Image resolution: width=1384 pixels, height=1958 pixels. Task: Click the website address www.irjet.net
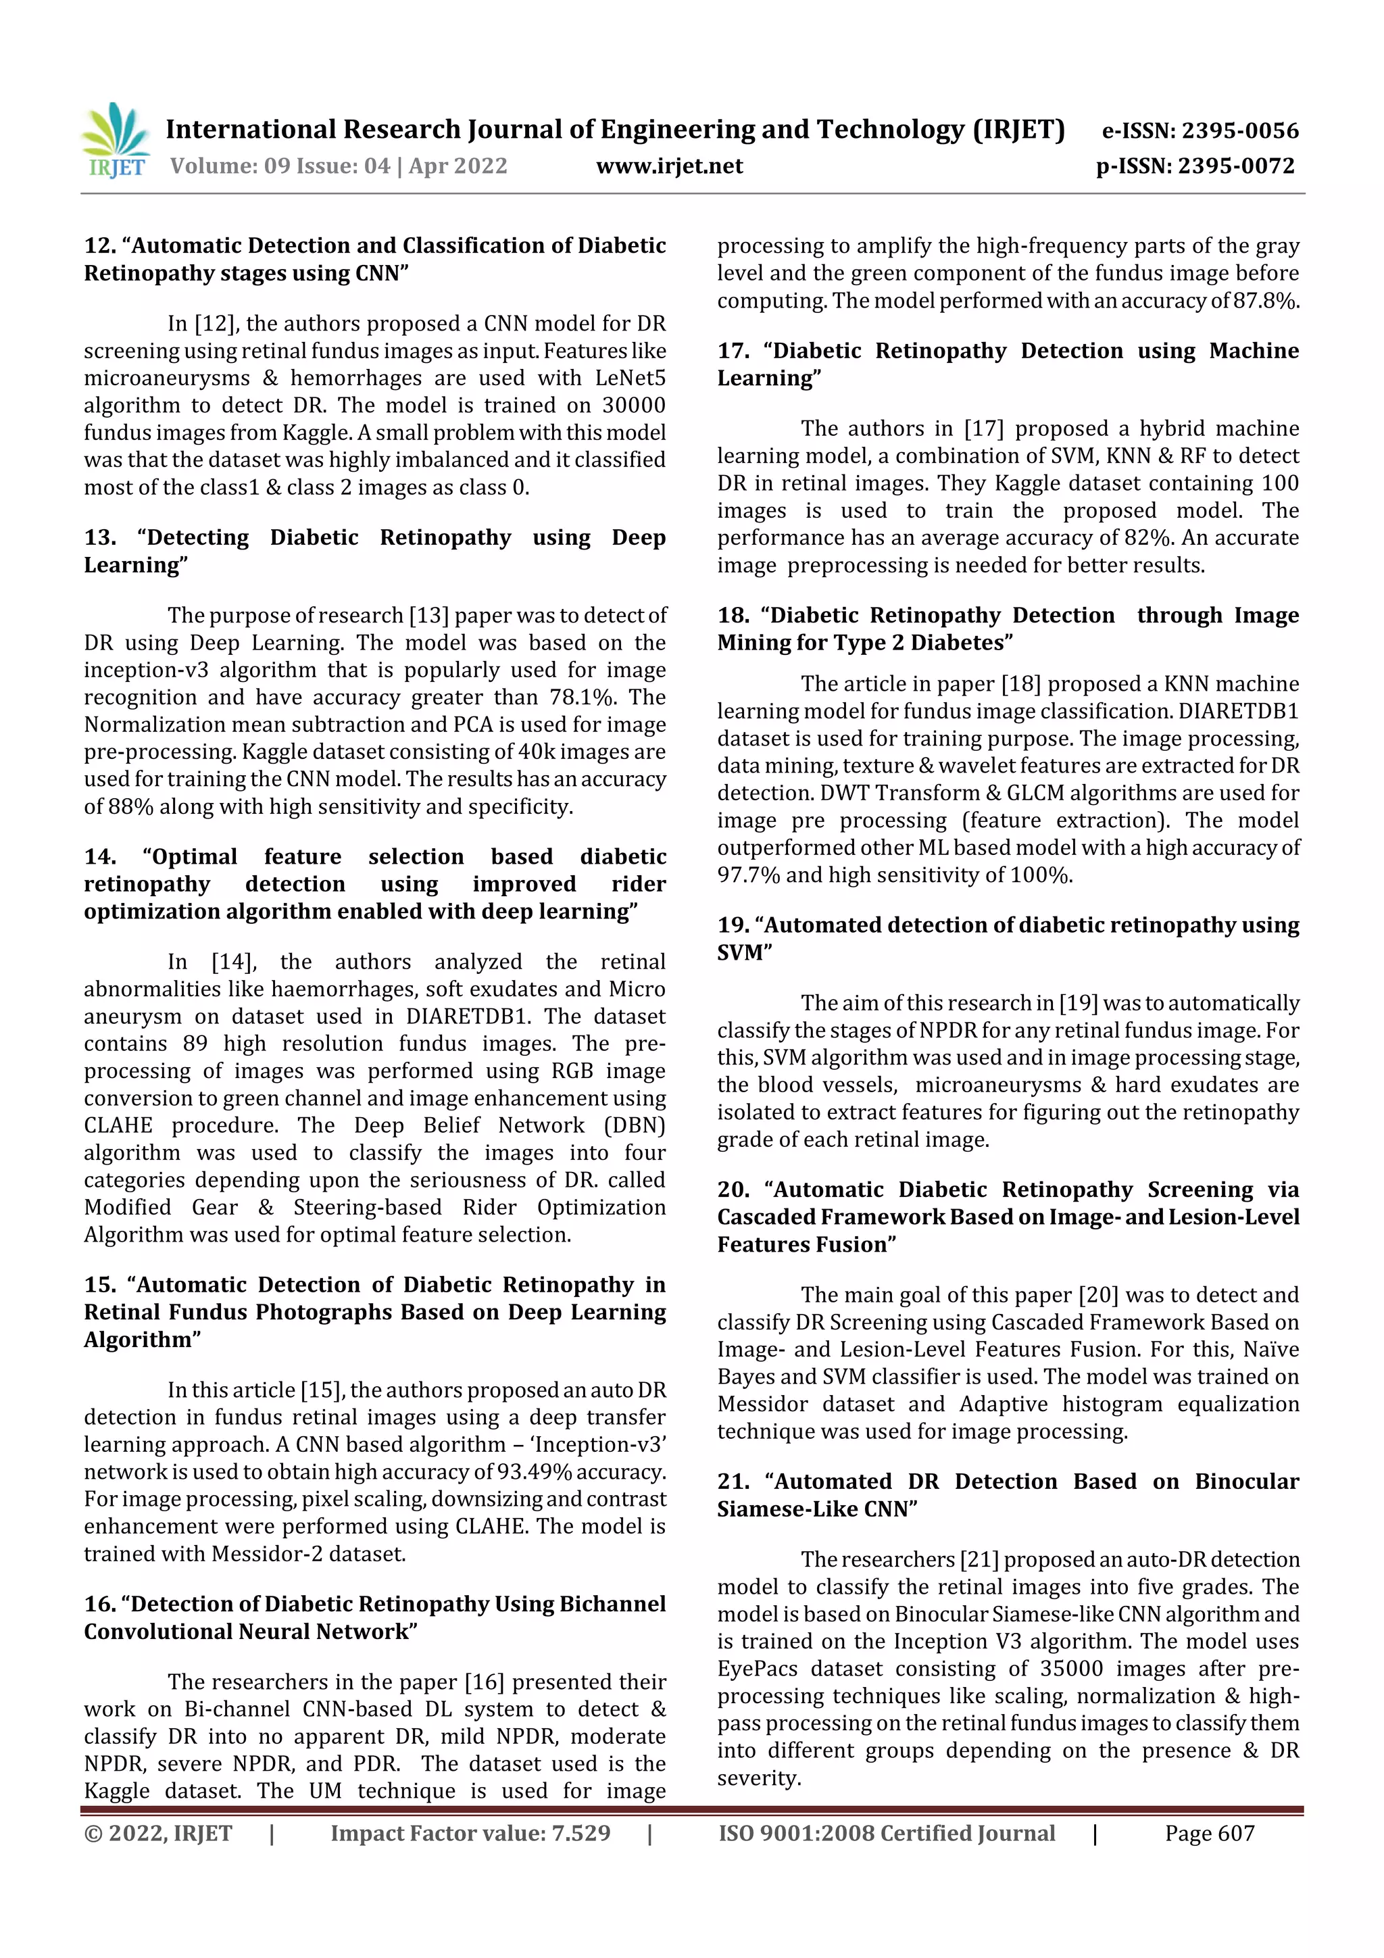tap(670, 166)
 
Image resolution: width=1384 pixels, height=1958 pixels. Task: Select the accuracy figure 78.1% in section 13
tap(583, 697)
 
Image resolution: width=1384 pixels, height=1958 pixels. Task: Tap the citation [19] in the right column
tap(1078, 1003)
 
